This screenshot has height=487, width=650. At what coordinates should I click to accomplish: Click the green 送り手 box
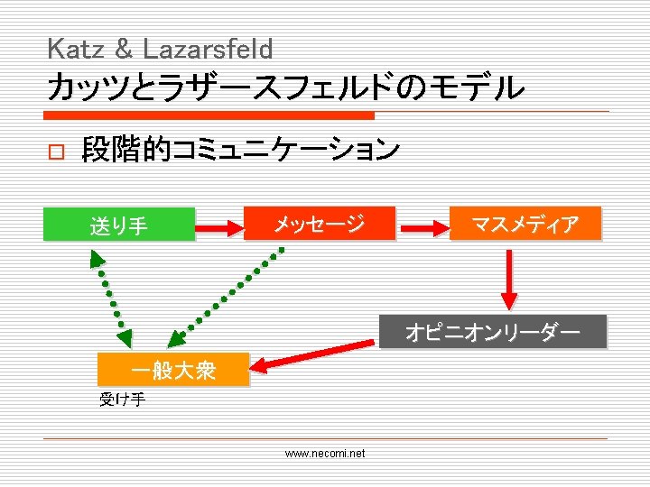tap(119, 225)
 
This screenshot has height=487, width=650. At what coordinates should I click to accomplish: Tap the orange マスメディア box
tap(525, 224)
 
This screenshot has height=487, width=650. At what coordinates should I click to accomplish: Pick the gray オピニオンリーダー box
tap(492, 333)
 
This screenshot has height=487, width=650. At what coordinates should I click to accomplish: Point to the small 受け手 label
tap(122, 400)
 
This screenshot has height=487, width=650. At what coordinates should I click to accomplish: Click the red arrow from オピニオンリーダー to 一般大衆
tap(312, 353)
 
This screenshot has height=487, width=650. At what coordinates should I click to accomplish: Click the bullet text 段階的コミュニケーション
tap(240, 150)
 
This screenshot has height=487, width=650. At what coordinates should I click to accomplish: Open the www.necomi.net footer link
tap(325, 454)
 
